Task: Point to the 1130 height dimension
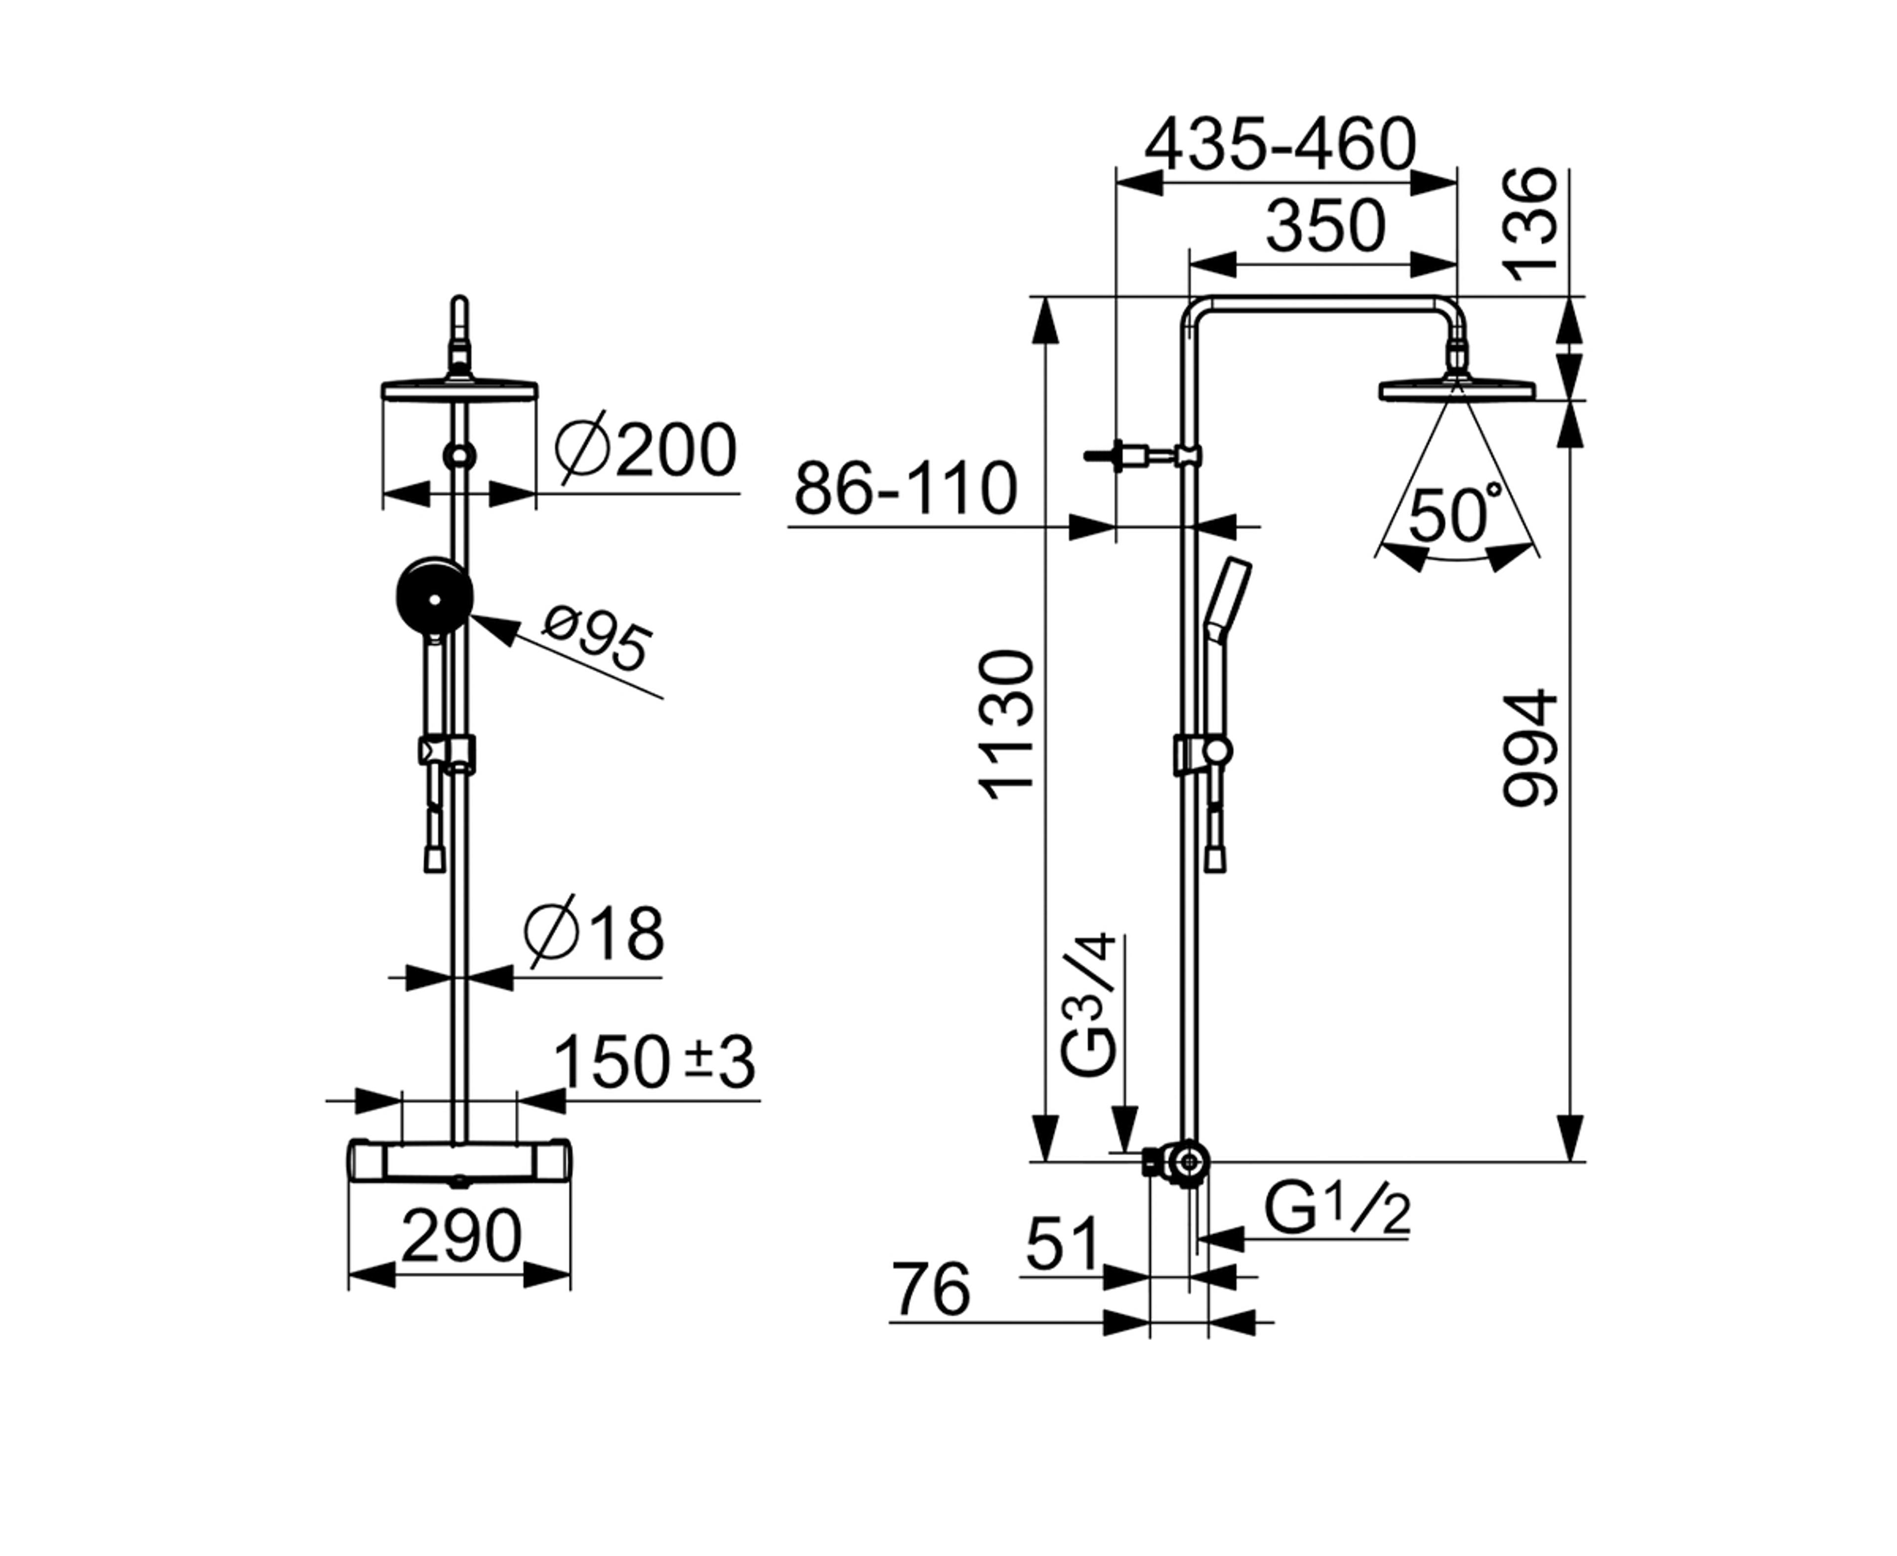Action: click(1007, 724)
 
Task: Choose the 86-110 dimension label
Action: click(905, 489)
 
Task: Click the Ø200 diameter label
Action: click(645, 451)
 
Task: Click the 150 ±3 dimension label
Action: click(654, 1063)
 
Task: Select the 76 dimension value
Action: click(932, 1291)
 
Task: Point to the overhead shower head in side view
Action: click(1457, 390)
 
